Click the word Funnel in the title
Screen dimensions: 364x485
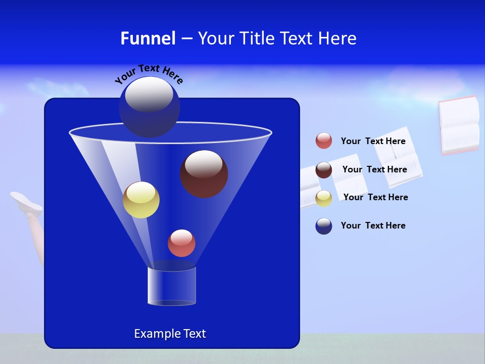[148, 38]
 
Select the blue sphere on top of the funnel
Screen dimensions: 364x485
[149, 107]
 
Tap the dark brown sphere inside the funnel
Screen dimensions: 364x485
[204, 173]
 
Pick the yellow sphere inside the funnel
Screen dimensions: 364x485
[141, 200]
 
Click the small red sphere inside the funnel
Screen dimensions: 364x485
[181, 243]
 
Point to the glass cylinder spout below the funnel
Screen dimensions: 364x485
[171, 286]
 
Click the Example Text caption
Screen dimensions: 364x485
[170, 334]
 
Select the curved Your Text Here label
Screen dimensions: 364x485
[149, 74]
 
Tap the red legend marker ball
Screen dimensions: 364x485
[324, 141]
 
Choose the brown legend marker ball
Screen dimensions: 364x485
[324, 170]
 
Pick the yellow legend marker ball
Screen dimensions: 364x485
[324, 198]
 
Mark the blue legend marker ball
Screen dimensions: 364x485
[324, 226]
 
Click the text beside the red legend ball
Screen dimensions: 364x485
[373, 142]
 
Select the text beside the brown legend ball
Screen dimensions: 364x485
[374, 169]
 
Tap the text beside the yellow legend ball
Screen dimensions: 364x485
[375, 197]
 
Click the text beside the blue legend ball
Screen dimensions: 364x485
[373, 225]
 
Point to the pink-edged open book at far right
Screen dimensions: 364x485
[459, 125]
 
